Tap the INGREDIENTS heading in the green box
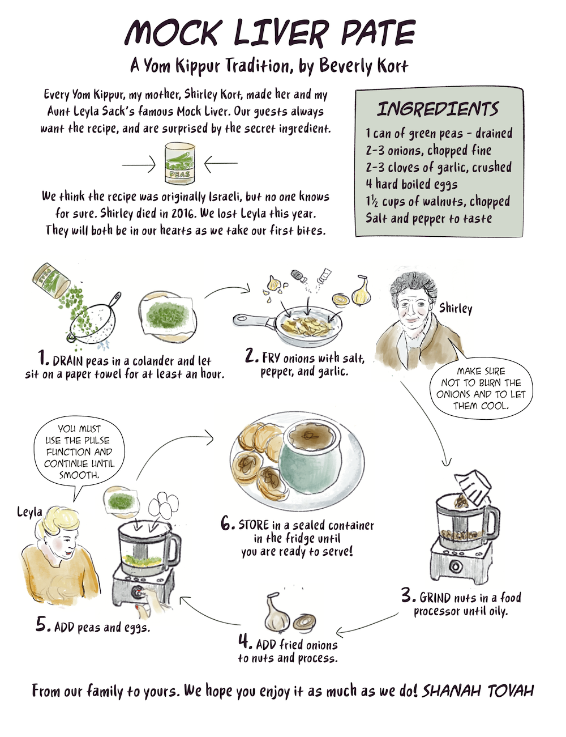coord(438,109)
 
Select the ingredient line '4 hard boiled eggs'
coord(411,184)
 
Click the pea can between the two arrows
coord(179,163)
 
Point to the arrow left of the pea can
coord(139,165)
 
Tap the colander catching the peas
coord(93,322)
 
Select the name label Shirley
coord(455,308)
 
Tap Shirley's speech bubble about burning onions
coord(481,388)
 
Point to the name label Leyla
coord(30,512)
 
